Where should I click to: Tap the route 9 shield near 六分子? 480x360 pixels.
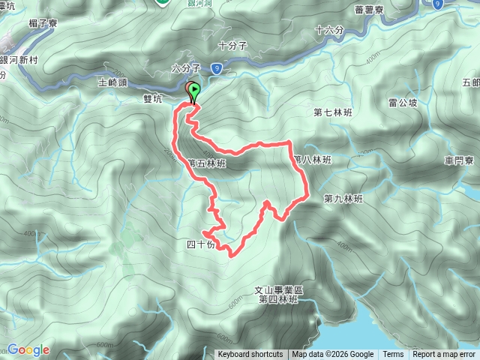(216, 69)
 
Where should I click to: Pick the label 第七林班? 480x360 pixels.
(332, 112)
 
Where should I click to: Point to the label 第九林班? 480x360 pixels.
(343, 199)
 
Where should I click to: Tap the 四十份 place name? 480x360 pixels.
(200, 244)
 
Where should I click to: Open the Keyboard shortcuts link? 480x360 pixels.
(250, 355)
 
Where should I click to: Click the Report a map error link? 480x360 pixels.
(444, 355)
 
